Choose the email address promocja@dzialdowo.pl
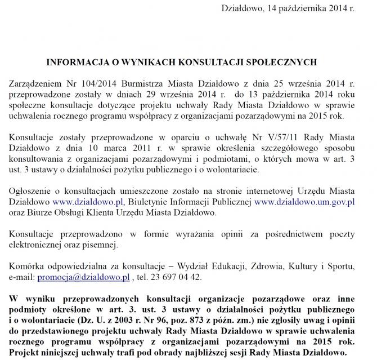tap(83, 277)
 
